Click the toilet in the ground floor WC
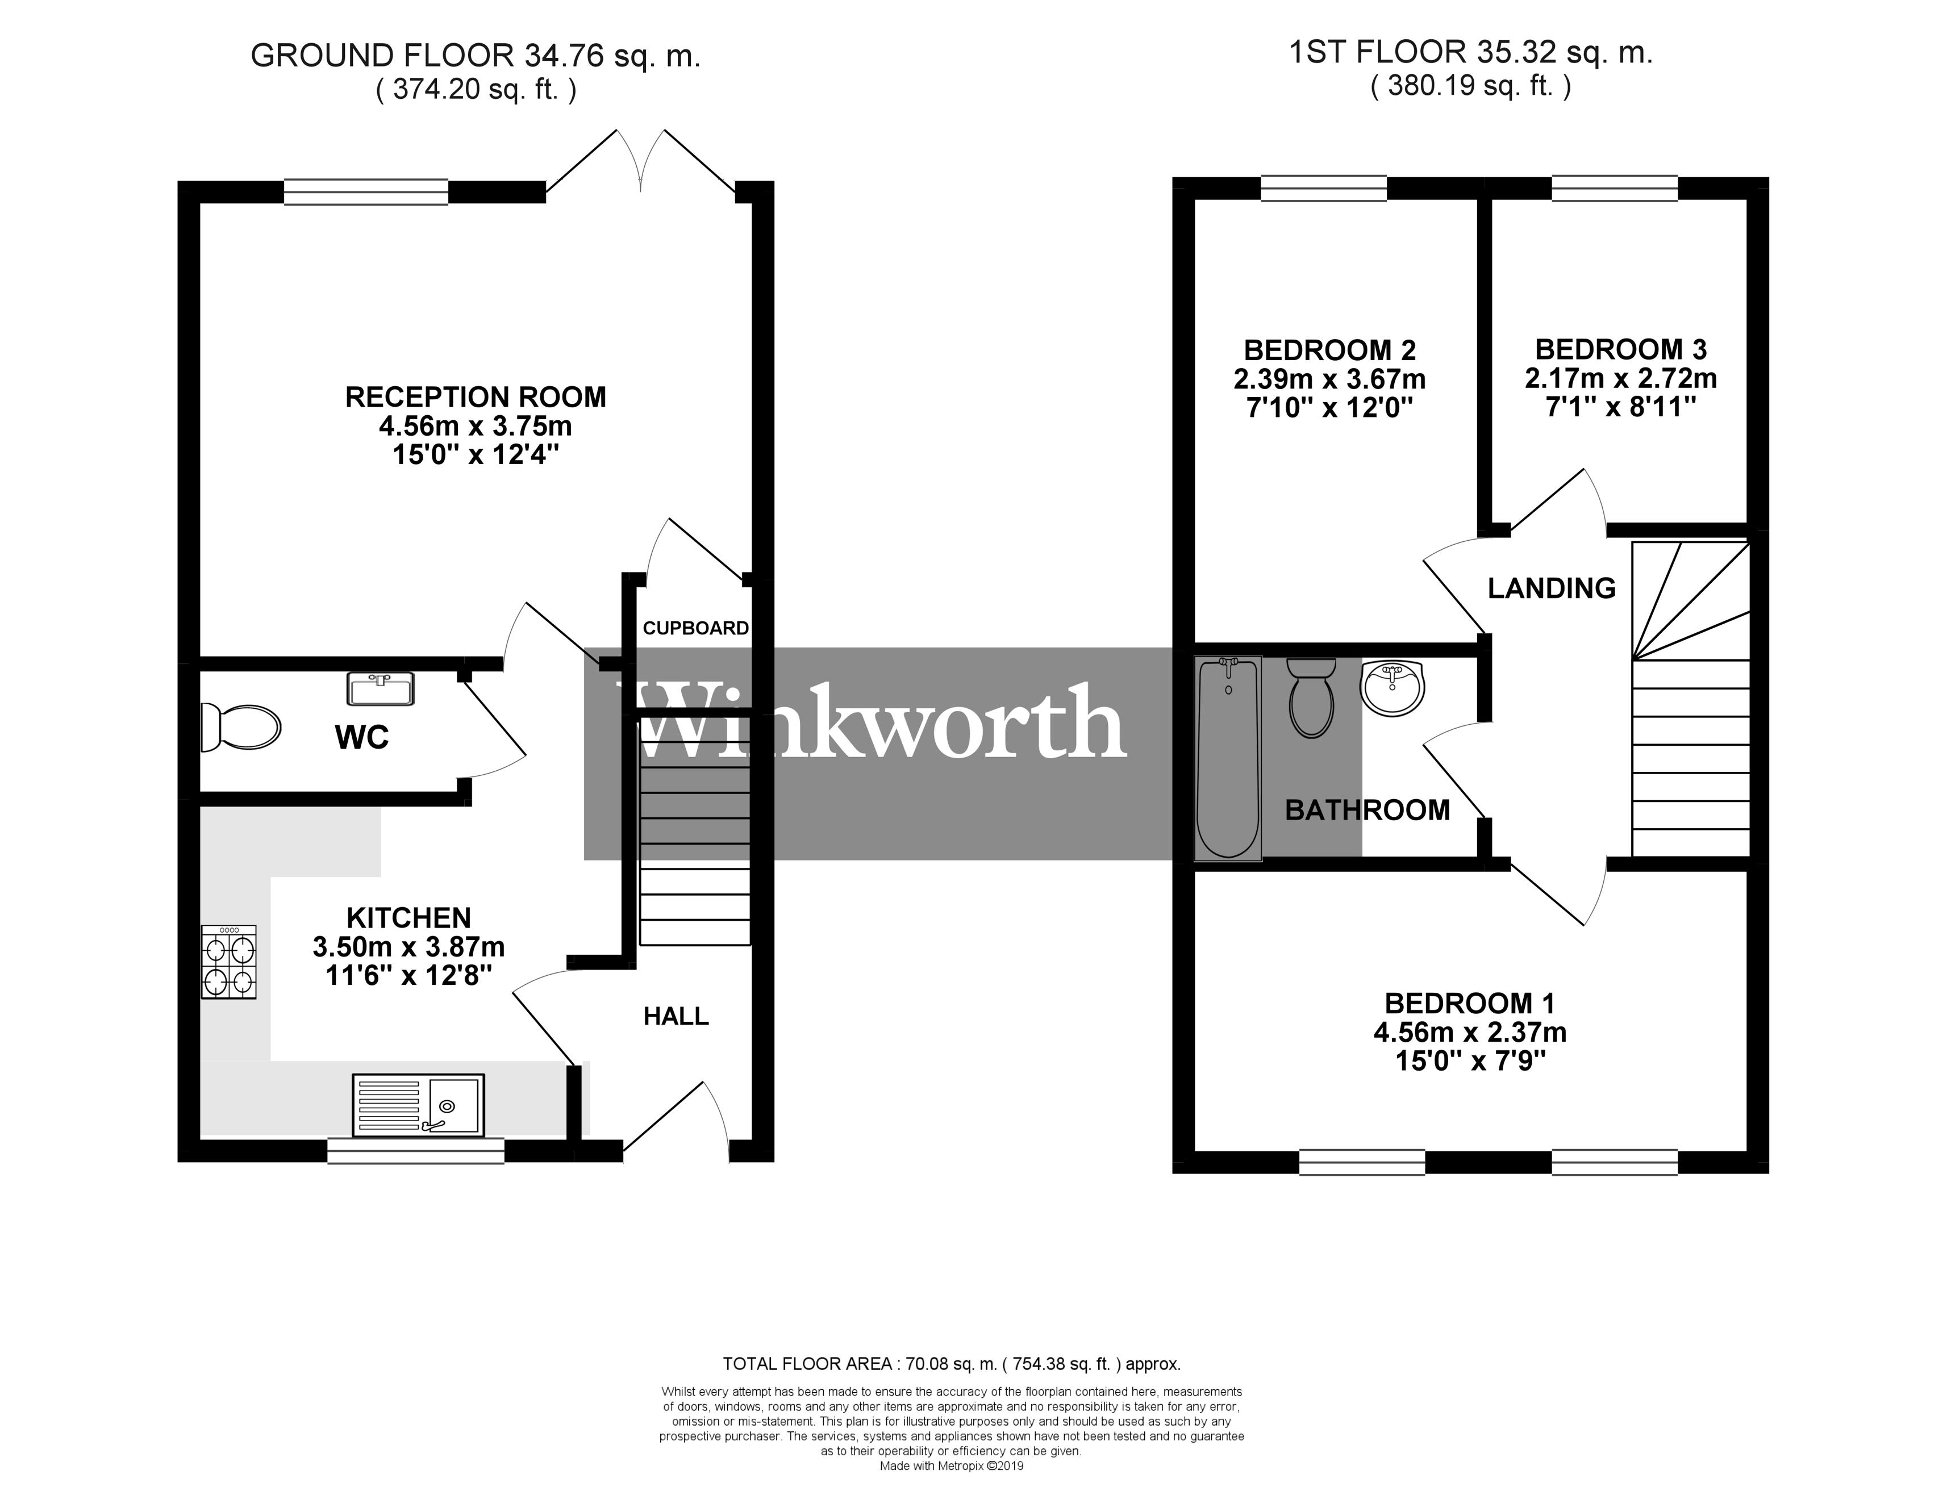tap(243, 727)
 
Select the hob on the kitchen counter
tap(229, 962)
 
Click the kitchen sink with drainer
tap(418, 1105)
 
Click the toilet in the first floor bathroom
tap(1311, 698)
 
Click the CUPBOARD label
tap(695, 628)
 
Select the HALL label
tap(676, 1016)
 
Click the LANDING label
tap(1551, 588)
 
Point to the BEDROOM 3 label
tap(1621, 349)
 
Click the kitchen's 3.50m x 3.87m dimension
tap(408, 946)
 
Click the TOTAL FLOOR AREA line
tap(950, 1364)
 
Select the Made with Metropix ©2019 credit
tap(951, 1466)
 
